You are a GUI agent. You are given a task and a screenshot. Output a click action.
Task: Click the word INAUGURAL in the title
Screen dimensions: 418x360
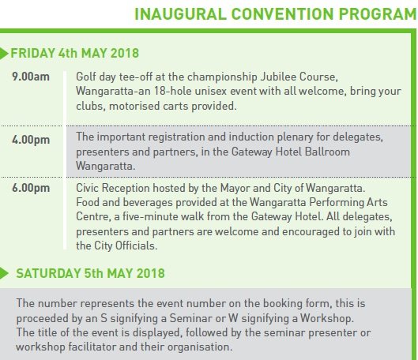tap(180, 14)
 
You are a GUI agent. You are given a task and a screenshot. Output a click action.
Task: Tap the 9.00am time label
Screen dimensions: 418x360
tap(31, 77)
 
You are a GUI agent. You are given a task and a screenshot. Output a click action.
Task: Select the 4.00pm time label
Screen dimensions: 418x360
tap(31, 140)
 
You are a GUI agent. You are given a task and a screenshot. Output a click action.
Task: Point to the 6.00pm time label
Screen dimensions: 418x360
tap(31, 188)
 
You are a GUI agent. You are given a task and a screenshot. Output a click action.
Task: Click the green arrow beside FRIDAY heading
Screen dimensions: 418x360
tap(4, 54)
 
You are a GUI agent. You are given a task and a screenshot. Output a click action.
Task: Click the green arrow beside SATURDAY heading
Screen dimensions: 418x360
tap(4, 273)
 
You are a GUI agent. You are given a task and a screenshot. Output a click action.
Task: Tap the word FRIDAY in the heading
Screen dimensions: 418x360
tap(32, 53)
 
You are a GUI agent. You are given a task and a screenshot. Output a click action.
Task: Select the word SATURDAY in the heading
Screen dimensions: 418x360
tap(48, 273)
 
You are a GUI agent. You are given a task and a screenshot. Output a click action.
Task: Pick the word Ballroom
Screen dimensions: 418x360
tap(327, 152)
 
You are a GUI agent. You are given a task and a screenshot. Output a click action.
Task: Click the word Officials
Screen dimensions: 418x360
tap(135, 246)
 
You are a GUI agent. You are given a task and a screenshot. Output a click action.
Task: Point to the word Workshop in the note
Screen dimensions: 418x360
tap(327, 318)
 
